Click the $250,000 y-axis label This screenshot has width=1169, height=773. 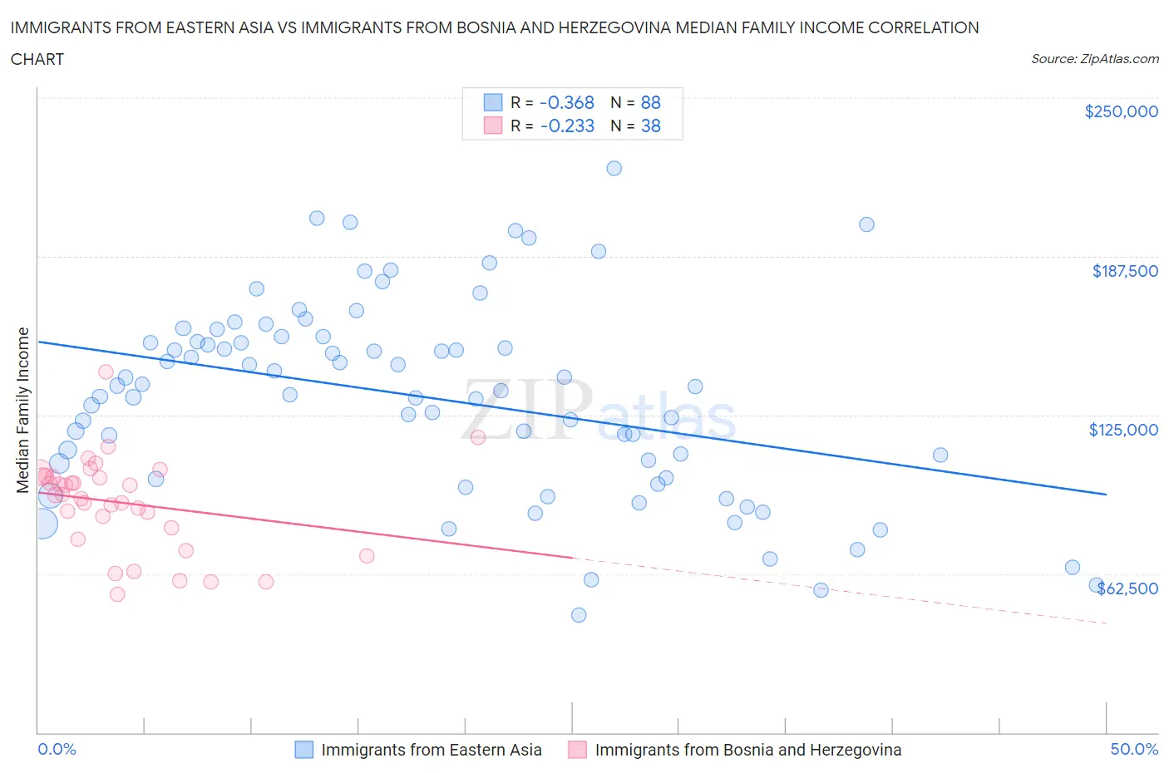click(1121, 112)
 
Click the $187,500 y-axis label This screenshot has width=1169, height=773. click(1125, 271)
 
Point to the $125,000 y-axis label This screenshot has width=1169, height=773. click(1123, 430)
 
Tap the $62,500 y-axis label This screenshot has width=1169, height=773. click(1127, 588)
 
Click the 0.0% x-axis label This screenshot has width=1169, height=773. click(57, 749)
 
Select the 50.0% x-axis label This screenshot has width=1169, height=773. click(1134, 749)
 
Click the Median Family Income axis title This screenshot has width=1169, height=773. click(23, 410)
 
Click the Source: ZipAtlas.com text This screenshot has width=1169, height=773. click(1094, 59)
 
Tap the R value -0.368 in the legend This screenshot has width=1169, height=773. click(567, 102)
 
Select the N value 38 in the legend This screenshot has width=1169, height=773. click(650, 126)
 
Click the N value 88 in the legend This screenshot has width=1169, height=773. click(650, 102)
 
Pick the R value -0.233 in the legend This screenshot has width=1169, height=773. click(567, 126)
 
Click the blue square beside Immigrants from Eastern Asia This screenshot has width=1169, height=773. click(304, 750)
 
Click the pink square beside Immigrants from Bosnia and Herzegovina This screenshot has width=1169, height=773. click(577, 750)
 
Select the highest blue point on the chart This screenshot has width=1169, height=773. click(614, 168)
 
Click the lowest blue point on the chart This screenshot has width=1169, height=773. click(579, 615)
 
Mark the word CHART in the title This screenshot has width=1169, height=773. click(37, 59)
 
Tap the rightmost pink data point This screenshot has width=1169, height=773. click(477, 437)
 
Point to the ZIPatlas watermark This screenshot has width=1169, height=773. click(599, 410)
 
